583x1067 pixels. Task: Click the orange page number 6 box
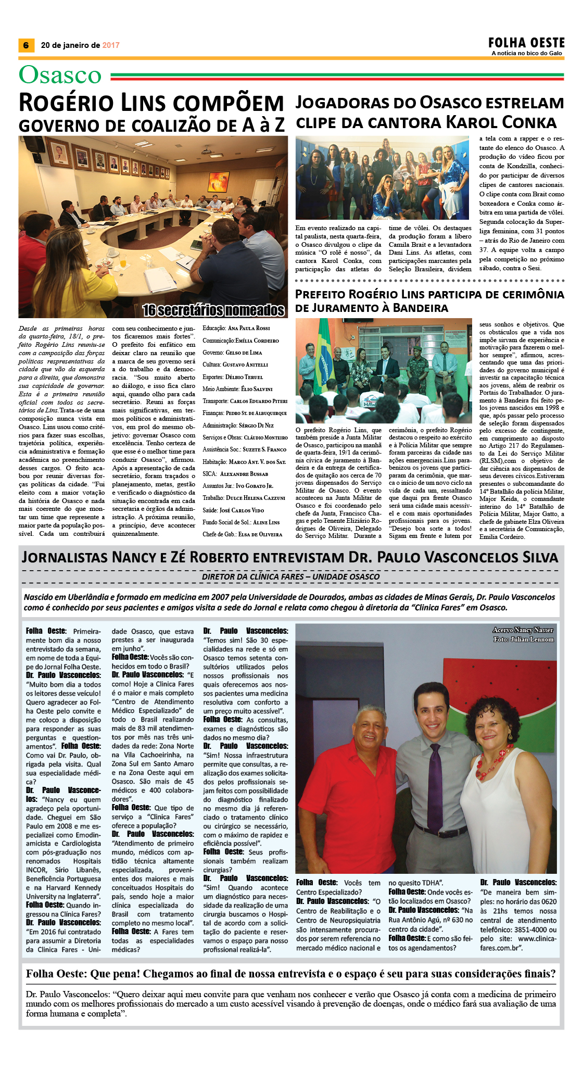(x=26, y=45)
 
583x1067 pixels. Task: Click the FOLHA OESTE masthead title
(x=526, y=42)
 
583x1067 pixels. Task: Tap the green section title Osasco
(x=60, y=75)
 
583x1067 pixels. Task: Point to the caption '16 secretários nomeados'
(x=214, y=310)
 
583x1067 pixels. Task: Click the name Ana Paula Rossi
(x=249, y=329)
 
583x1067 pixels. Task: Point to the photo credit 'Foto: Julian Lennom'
(x=523, y=639)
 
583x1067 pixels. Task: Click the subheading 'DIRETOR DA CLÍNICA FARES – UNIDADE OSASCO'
(x=291, y=576)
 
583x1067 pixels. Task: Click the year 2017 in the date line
(x=111, y=45)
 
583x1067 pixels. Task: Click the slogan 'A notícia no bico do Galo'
(x=526, y=53)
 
